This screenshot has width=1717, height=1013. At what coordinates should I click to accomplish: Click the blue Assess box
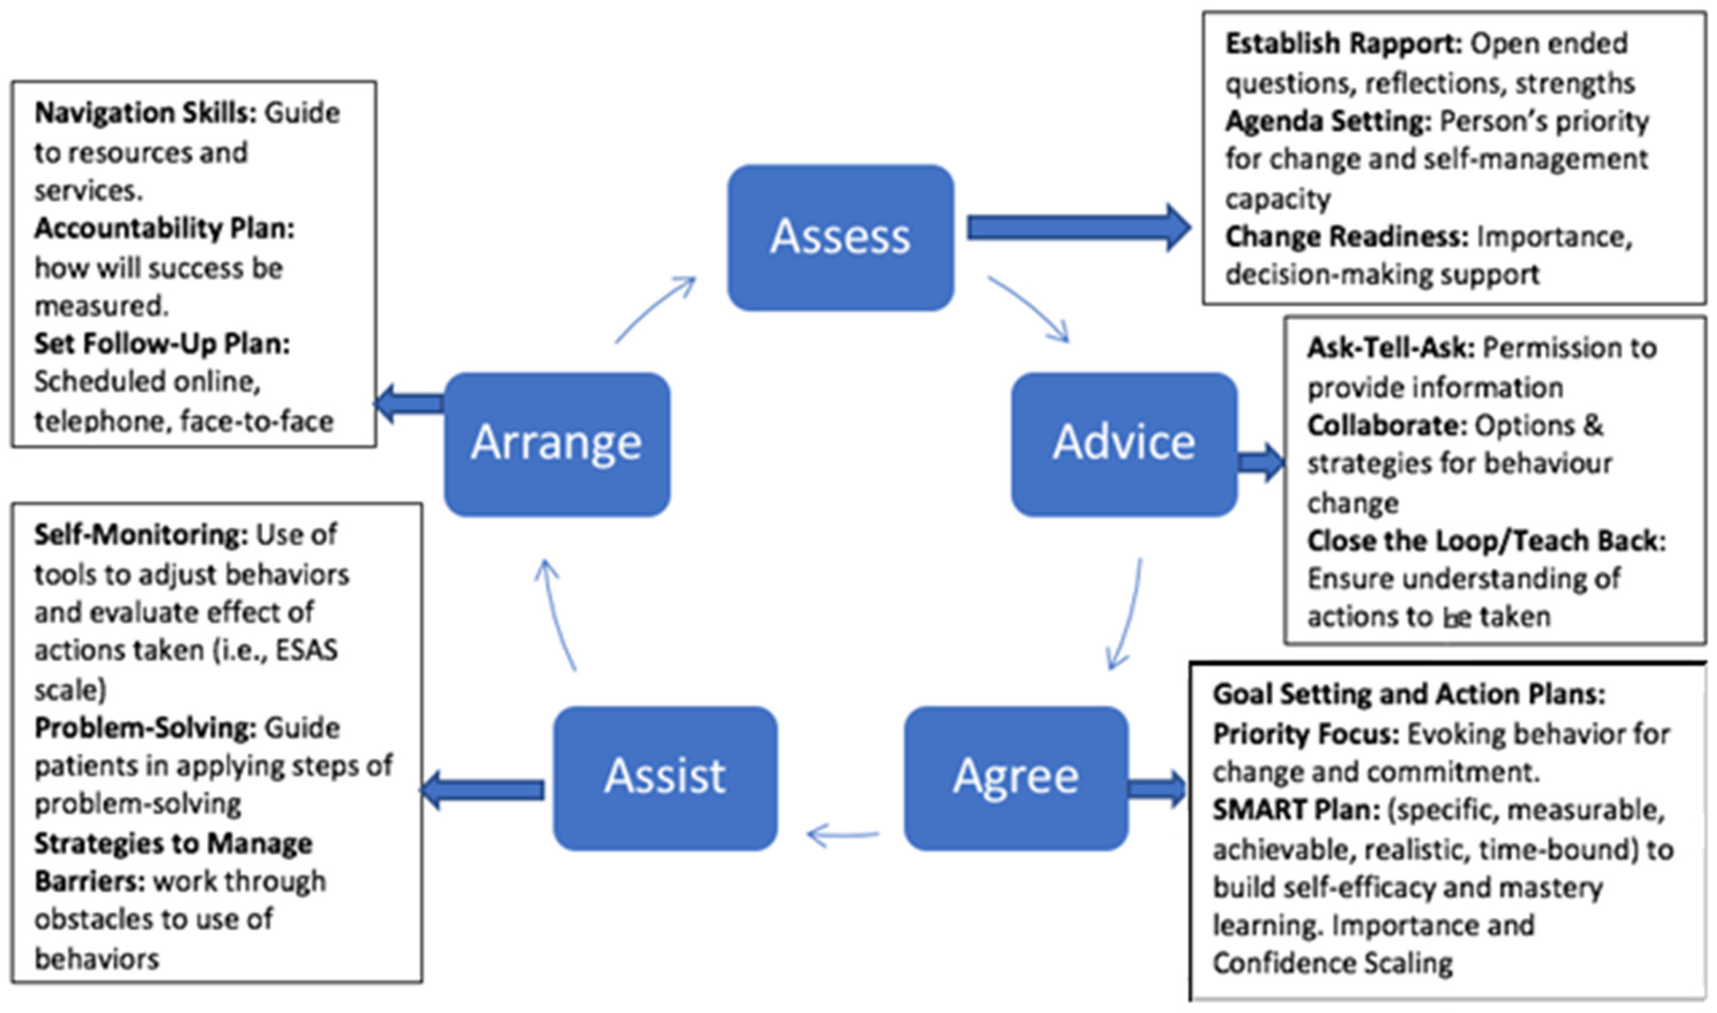point(840,237)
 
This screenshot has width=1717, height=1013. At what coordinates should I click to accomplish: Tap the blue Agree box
point(1016,778)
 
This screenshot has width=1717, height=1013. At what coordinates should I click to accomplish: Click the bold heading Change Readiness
point(1346,237)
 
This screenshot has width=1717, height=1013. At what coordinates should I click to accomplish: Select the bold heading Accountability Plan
point(164,229)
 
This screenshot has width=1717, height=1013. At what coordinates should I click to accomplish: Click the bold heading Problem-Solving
point(145,728)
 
